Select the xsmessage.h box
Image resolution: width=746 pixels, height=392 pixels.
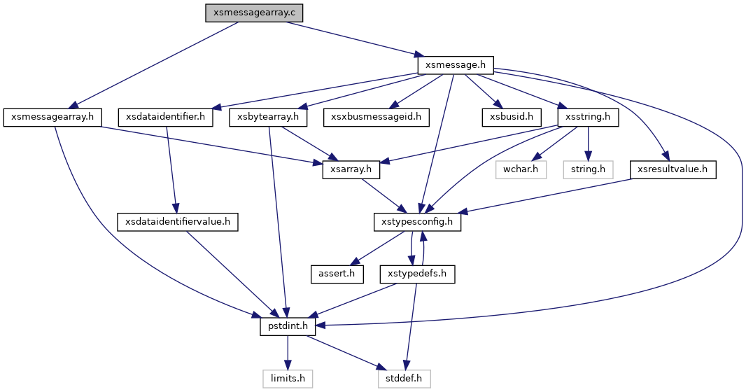point(456,64)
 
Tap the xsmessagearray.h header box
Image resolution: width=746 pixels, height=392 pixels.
point(52,117)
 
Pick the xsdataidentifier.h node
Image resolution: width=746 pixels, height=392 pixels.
point(166,117)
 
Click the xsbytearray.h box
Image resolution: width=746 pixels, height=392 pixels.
point(268,117)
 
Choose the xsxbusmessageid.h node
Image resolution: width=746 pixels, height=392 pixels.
point(376,117)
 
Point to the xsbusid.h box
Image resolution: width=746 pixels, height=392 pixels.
point(512,117)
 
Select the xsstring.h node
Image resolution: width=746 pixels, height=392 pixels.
point(588,117)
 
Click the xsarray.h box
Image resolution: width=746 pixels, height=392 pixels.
point(351,169)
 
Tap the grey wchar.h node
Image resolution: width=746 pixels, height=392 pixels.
point(519,169)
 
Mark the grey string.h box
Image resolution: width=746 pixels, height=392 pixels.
point(588,169)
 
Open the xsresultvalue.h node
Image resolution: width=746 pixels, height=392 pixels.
point(674,169)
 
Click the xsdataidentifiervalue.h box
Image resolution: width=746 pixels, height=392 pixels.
point(178,222)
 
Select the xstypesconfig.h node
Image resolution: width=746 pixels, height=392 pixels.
point(418,222)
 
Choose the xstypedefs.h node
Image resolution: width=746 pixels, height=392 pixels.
point(417,274)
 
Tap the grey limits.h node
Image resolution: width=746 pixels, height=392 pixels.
point(288,379)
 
